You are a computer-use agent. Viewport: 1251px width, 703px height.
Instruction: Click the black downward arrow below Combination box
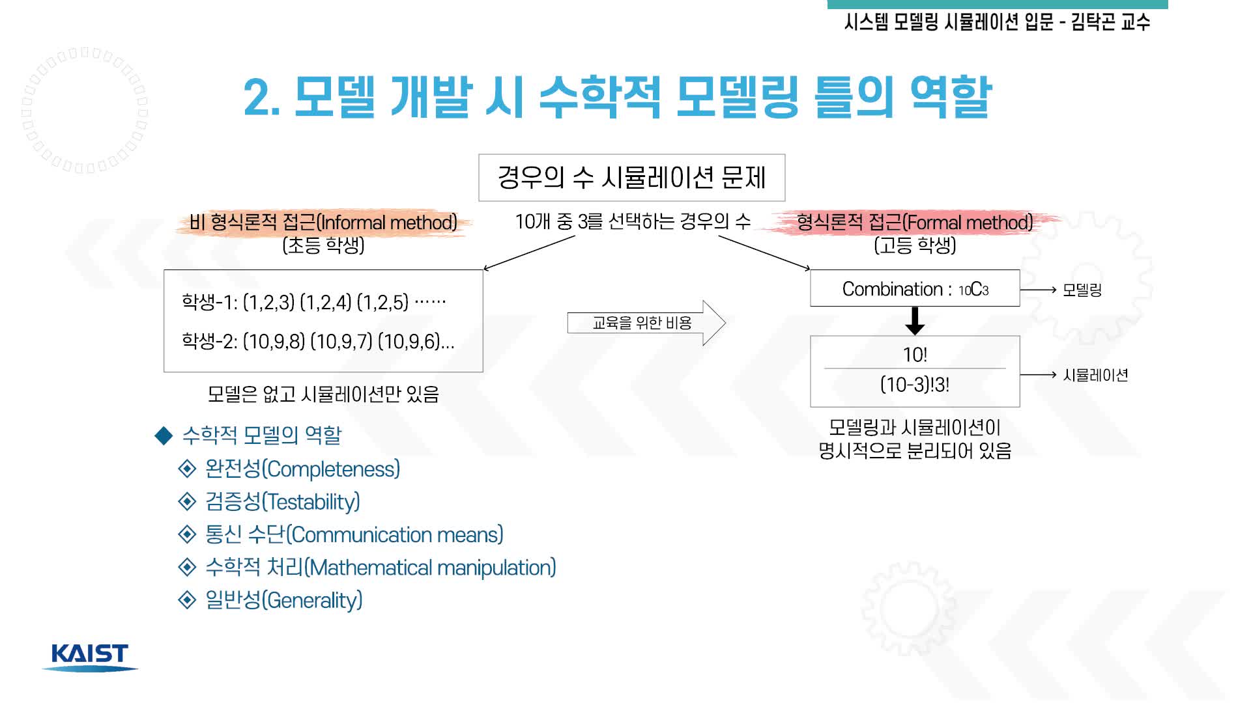click(915, 321)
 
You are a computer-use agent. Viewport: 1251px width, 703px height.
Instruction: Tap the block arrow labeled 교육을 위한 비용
click(646, 323)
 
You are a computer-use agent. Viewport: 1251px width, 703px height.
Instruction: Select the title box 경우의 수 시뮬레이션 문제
click(631, 178)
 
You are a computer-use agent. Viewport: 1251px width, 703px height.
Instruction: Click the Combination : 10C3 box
click(915, 288)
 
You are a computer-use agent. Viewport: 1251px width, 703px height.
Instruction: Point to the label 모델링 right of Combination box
click(1082, 290)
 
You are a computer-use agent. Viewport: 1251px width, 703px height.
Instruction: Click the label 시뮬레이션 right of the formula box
click(1095, 375)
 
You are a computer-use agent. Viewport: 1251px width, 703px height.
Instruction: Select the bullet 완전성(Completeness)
click(302, 469)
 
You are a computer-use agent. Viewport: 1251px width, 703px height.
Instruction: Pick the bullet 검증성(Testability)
click(282, 501)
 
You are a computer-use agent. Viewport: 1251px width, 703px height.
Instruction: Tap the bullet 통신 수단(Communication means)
click(354, 534)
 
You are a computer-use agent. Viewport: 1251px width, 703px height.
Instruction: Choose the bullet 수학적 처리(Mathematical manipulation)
click(381, 567)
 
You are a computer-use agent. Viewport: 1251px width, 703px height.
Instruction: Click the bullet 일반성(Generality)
click(283, 600)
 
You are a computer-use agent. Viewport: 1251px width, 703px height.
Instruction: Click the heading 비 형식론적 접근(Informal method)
click(323, 223)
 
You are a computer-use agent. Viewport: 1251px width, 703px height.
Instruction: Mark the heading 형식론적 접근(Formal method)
click(915, 223)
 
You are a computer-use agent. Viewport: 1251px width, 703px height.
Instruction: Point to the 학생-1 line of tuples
click(314, 302)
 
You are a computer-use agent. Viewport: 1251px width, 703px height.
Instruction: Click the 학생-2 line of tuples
click(318, 341)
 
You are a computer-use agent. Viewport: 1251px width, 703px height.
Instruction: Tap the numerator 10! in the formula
click(915, 355)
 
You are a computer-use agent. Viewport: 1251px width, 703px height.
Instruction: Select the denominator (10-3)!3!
click(915, 385)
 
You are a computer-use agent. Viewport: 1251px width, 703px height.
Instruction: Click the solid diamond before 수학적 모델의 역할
click(164, 435)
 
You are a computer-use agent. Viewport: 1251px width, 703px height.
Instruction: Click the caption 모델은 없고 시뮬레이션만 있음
click(323, 394)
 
